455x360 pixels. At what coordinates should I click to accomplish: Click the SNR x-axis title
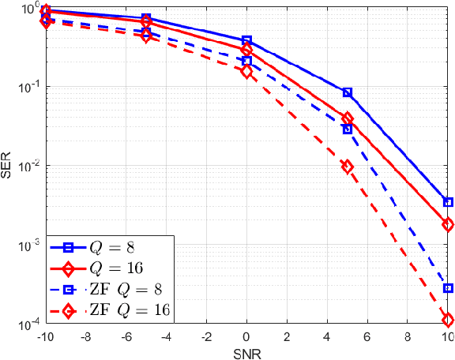pos(246,352)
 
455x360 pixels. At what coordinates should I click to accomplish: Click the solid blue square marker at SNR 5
pos(348,93)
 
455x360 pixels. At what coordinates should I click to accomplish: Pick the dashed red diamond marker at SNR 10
pos(448,320)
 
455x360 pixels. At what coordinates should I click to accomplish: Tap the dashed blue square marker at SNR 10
pos(448,288)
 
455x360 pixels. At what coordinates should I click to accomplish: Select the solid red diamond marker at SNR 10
pos(448,224)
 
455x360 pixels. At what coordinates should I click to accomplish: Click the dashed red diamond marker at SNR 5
pos(348,167)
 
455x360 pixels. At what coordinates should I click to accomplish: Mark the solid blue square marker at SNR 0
pos(246,40)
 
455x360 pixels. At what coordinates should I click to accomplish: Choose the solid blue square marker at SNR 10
pos(448,202)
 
